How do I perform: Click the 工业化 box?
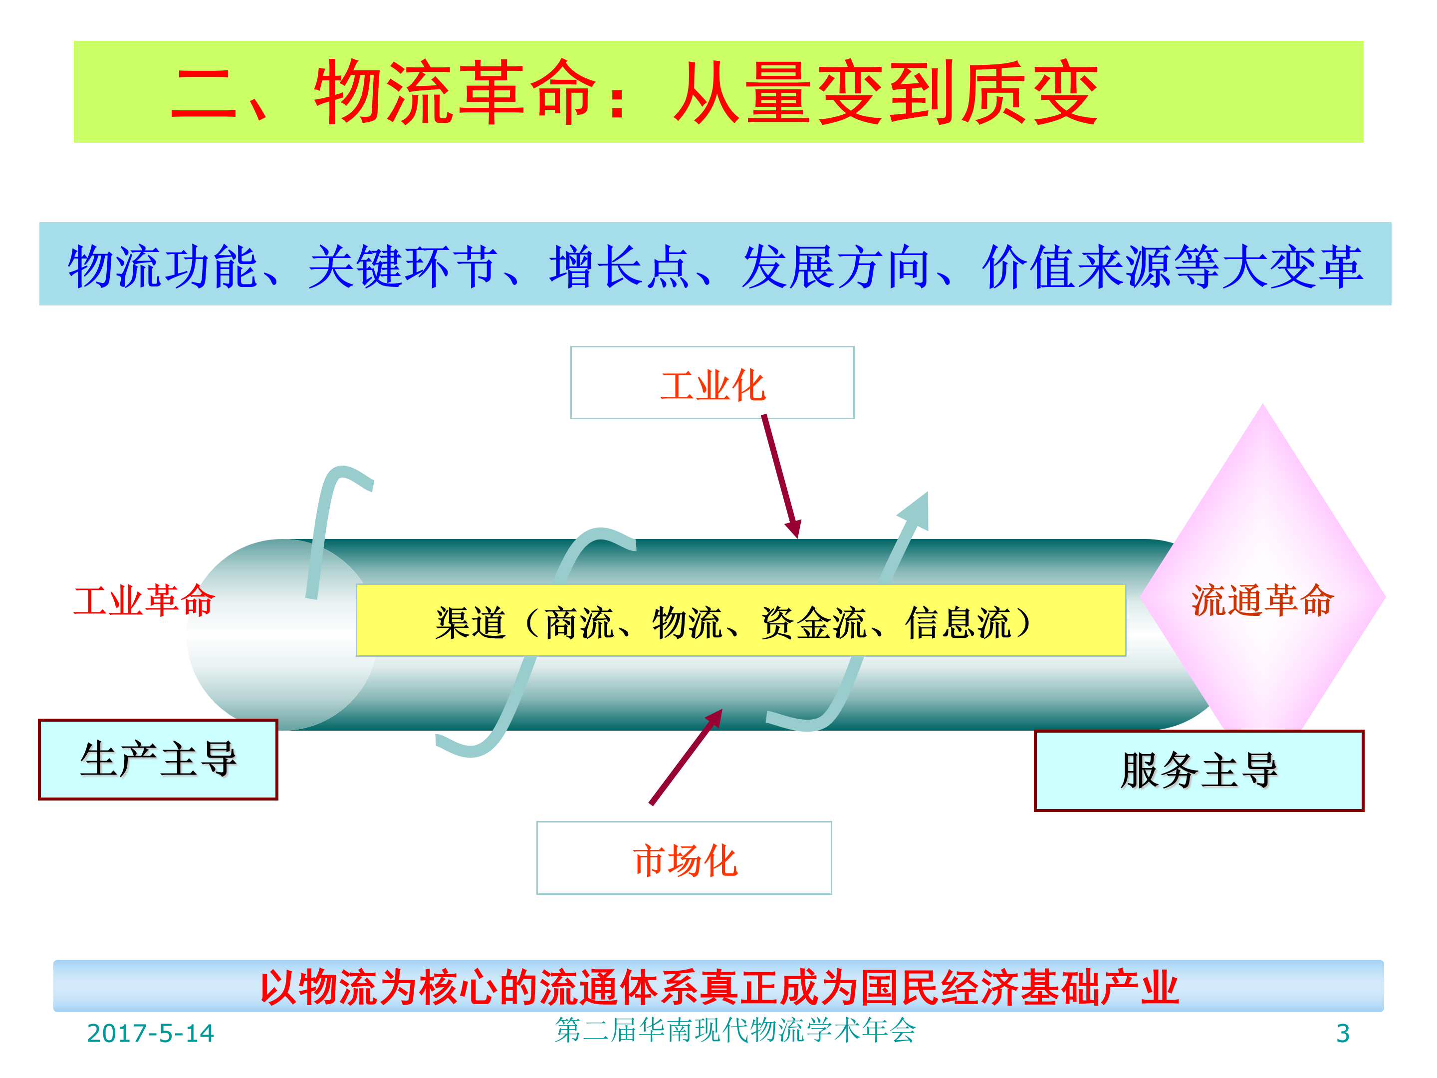(712, 383)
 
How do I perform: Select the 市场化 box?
(684, 858)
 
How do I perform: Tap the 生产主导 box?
(158, 759)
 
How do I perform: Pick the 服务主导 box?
(1198, 771)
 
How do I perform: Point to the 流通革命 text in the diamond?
(1263, 600)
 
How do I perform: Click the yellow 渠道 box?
(740, 620)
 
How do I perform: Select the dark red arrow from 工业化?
(781, 476)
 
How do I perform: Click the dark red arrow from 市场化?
(686, 757)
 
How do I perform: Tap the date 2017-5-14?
(150, 1033)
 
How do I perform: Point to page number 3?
(1343, 1033)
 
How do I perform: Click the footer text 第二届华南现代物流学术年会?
(735, 1030)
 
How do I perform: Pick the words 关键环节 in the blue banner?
(403, 266)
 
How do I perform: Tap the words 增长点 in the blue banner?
(619, 266)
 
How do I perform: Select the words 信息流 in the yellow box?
(958, 622)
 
